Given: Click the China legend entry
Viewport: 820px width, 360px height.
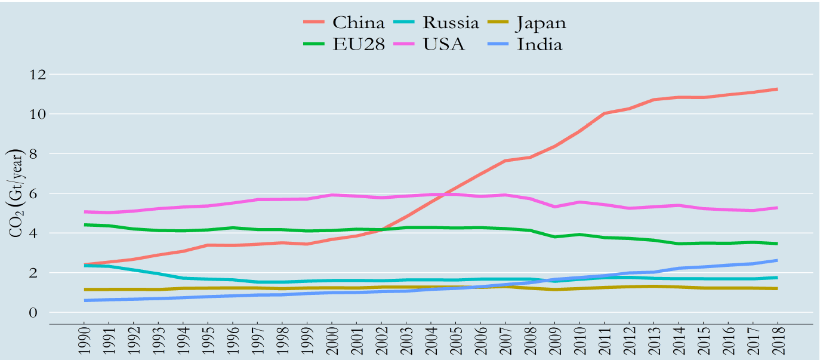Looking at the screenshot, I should [358, 23].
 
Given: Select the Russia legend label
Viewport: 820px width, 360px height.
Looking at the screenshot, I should [451, 23].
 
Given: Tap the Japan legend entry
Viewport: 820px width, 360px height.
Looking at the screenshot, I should [541, 23].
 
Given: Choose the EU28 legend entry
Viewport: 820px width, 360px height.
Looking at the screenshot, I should [358, 44].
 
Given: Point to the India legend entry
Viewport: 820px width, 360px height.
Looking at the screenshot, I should [540, 44].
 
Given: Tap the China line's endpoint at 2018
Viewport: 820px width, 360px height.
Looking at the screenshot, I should [777, 89].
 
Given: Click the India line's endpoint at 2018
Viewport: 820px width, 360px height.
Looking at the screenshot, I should [777, 260].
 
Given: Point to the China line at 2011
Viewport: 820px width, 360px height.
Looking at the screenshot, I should [604, 113].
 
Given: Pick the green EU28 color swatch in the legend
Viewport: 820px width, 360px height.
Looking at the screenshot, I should [315, 44].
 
